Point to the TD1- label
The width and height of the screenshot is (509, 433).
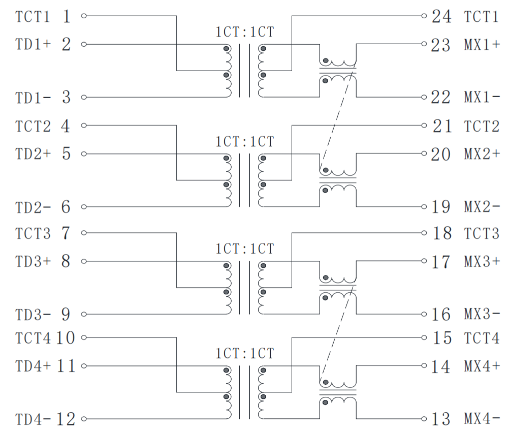pyautogui.click(x=33, y=97)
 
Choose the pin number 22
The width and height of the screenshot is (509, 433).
pyautogui.click(x=440, y=97)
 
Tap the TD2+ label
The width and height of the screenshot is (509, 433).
pyautogui.click(x=33, y=153)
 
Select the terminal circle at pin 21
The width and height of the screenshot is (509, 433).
pyautogui.click(x=424, y=125)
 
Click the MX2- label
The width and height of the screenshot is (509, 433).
pyautogui.click(x=482, y=207)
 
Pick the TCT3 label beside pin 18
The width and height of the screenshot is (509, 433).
pyautogui.click(x=481, y=234)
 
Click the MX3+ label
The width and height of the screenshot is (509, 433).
pyautogui.click(x=482, y=262)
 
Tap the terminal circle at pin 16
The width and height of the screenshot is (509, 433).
pyautogui.click(x=424, y=314)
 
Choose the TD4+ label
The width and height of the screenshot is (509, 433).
pyautogui.click(x=33, y=365)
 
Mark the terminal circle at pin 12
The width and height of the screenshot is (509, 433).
pyautogui.click(x=83, y=420)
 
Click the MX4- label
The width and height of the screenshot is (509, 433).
pyautogui.click(x=482, y=420)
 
